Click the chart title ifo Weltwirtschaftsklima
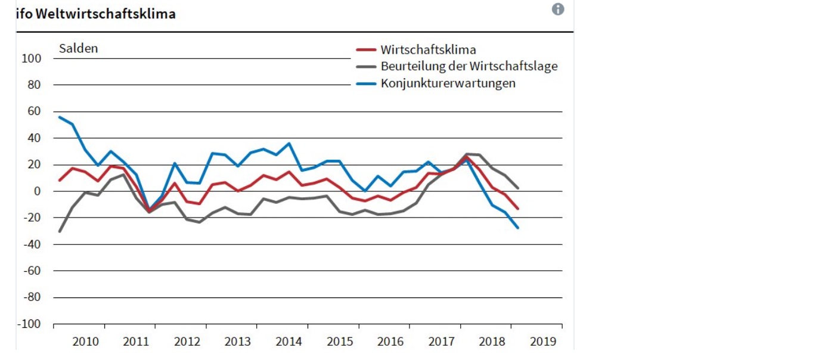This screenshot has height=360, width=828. tap(96, 14)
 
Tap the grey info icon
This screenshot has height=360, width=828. tap(558, 9)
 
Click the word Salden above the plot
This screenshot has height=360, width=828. tap(78, 49)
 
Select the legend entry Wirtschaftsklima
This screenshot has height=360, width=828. tap(428, 49)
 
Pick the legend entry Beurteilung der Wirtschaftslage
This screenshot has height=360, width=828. tap(469, 66)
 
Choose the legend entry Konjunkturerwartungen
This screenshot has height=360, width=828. tap(448, 83)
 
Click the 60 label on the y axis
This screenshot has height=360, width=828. tap(34, 111)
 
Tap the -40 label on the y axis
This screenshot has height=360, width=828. tap(32, 244)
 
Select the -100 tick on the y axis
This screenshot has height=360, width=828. tap(30, 324)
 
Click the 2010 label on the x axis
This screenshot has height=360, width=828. tap(85, 342)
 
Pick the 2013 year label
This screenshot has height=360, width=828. tap(237, 342)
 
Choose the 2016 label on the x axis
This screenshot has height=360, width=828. tap(390, 342)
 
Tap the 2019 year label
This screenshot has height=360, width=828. tap(542, 342)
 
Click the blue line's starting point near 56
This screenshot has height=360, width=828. tap(60, 117)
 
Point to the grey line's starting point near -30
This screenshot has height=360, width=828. tap(60, 231)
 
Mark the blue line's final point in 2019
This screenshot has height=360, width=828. tap(517, 228)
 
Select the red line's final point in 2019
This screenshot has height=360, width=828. tap(517, 209)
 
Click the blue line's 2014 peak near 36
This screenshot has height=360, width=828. tap(289, 143)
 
